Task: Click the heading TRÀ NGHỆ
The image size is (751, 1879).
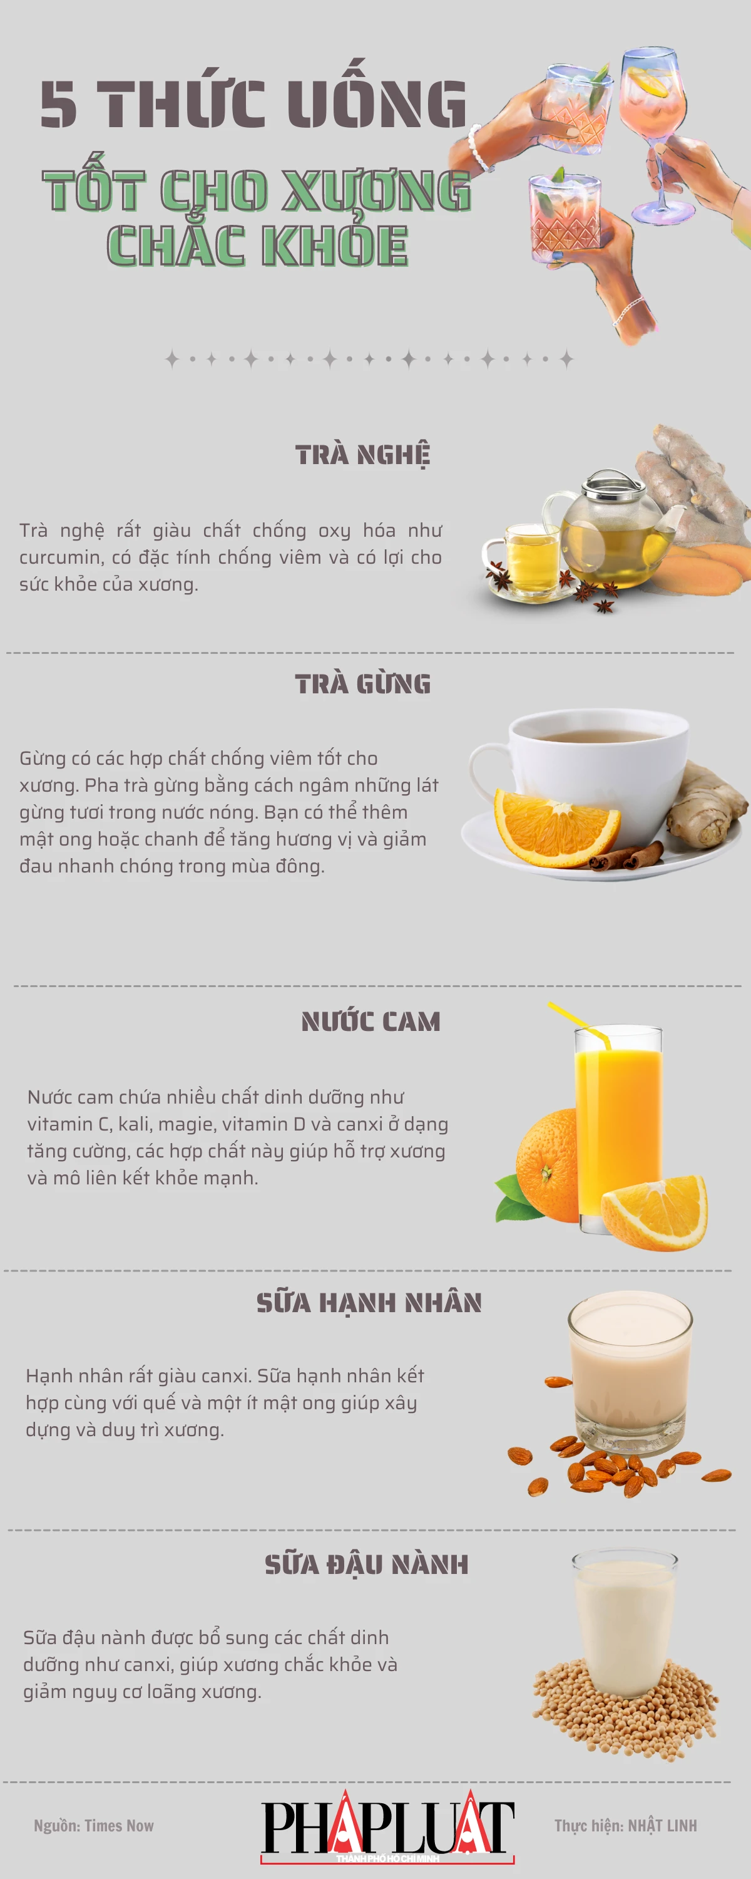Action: click(x=362, y=455)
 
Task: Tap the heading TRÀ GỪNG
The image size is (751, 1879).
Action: click(x=362, y=683)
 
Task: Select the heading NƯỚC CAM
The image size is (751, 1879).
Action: click(x=370, y=1021)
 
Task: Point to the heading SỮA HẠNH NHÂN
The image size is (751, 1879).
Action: click(x=369, y=1302)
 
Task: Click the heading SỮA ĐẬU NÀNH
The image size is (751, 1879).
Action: click(x=366, y=1564)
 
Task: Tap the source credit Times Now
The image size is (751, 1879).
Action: click(x=119, y=1826)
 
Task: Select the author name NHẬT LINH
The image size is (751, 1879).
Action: click(x=662, y=1826)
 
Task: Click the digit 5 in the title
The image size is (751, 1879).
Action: click(x=58, y=105)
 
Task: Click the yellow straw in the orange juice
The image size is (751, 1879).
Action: click(x=580, y=1021)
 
